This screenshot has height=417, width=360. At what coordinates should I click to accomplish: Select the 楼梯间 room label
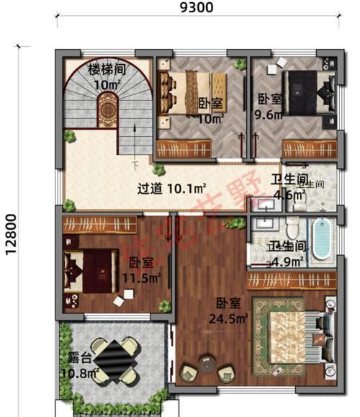pos(107,70)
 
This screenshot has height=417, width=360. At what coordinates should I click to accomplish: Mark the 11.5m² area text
pos(143,276)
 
